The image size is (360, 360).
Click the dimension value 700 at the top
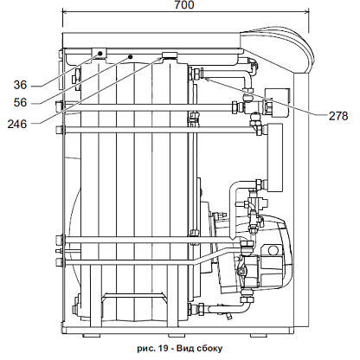coord(184,4)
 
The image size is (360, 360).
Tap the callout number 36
coord(20,85)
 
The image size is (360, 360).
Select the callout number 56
coord(20,103)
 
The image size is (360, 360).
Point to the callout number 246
coord(17,125)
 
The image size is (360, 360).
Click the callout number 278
coord(338,116)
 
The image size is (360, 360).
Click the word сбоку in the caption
coord(209,349)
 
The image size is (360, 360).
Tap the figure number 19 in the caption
coord(163,349)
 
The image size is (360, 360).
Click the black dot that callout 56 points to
coord(130,56)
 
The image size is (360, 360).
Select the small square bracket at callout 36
coord(100,53)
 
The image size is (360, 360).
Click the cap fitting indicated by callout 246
coord(169,55)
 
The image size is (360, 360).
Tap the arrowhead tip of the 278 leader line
coord(204,78)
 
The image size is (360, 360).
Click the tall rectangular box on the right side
coord(275,157)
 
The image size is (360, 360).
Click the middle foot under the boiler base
coord(177,336)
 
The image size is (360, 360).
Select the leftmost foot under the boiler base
coord(92,336)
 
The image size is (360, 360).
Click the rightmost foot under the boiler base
coord(259,336)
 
